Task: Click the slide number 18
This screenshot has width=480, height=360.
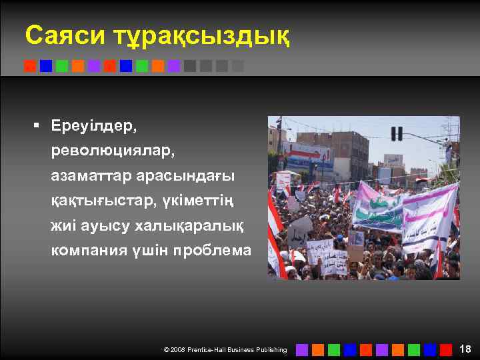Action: tap(465, 349)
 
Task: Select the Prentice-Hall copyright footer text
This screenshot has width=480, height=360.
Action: tap(225, 349)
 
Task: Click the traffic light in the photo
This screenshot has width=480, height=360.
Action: tap(397, 133)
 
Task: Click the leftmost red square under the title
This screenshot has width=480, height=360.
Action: tap(29, 66)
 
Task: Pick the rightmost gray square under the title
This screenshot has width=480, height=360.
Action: tap(238, 66)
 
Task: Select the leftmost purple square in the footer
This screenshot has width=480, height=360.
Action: tap(301, 349)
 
